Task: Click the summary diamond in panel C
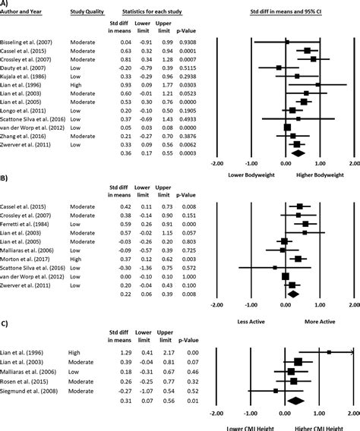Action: (x=295, y=399)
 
